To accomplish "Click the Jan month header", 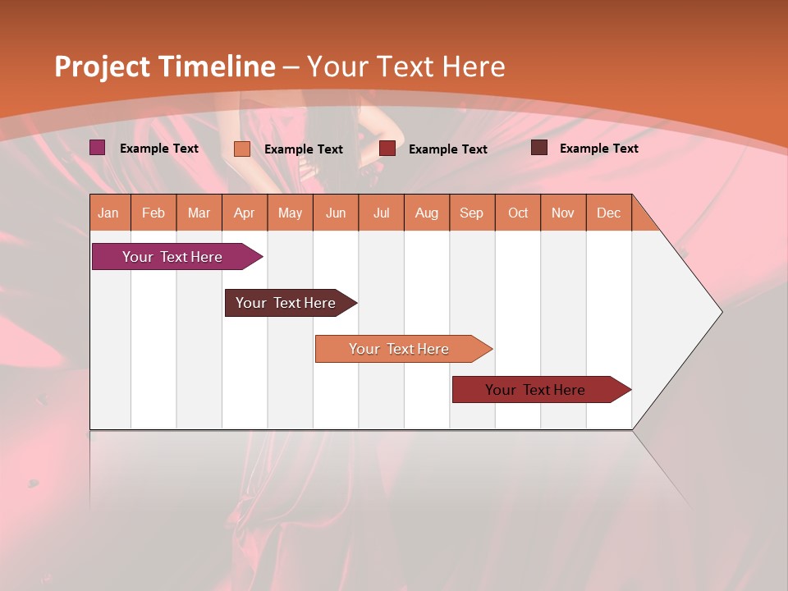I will click(x=109, y=213).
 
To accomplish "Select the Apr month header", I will click(x=245, y=213).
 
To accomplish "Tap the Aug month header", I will click(x=426, y=213).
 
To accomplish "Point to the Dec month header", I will click(x=608, y=213).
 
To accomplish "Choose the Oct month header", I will click(x=518, y=213).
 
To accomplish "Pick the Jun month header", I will click(x=336, y=213).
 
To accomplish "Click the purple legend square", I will click(x=98, y=148).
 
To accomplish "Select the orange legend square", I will click(x=242, y=149).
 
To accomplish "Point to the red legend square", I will click(x=387, y=149).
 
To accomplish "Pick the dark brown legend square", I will click(x=539, y=148).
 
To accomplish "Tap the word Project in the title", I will click(x=102, y=66).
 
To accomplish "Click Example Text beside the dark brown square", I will click(x=598, y=148).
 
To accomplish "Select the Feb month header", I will click(x=153, y=213).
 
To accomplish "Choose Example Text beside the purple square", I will click(x=159, y=148).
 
